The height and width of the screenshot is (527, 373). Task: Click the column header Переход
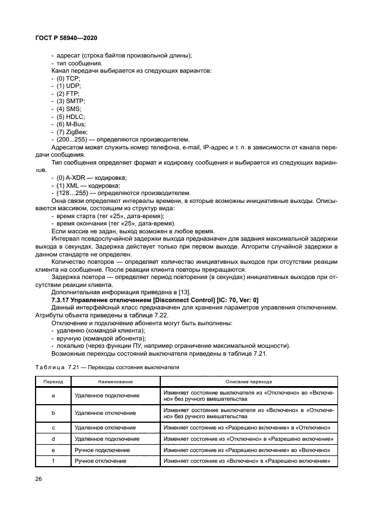tap(53, 382)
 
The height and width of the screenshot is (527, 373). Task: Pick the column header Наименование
tap(115, 382)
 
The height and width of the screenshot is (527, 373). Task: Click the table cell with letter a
tap(53, 396)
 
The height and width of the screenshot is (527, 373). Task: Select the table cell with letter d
tap(53, 439)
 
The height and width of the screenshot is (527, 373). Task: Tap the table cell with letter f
tap(53, 461)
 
